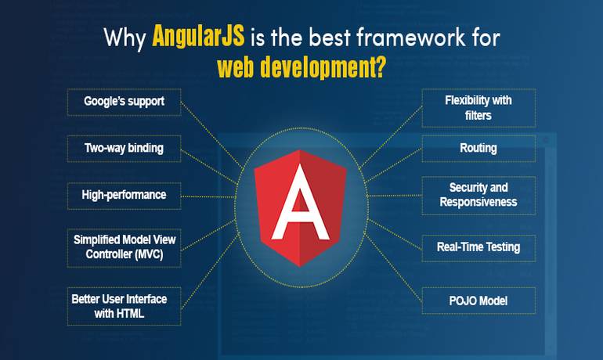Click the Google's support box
tap(125, 102)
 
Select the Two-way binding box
tap(125, 147)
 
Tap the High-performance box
tap(125, 194)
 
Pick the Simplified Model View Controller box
tap(125, 247)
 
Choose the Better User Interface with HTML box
tap(125, 306)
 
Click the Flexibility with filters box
tap(478, 108)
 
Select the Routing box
tap(478, 147)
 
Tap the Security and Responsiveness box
tap(478, 195)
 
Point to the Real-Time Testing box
tap(478, 247)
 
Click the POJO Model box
tap(478, 300)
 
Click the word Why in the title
tap(125, 36)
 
